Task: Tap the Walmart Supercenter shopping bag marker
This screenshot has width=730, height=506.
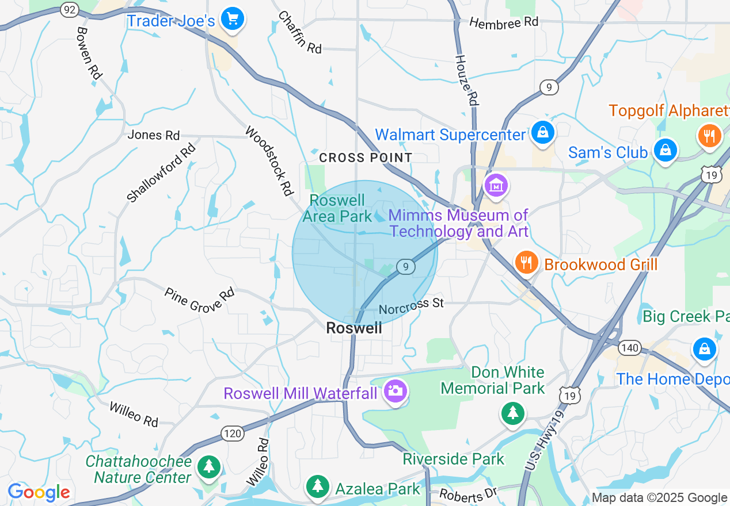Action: click(x=542, y=133)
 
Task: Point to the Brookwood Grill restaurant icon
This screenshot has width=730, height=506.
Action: click(x=526, y=263)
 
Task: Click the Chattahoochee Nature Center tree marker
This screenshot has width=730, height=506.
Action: click(x=208, y=466)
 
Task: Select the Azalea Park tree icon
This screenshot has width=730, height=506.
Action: click(x=317, y=486)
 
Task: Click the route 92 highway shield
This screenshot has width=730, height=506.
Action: click(x=69, y=9)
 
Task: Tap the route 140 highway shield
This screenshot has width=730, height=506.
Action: click(x=630, y=347)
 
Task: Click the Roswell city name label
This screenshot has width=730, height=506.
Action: click(x=353, y=328)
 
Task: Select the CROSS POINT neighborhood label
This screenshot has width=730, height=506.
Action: click(x=366, y=158)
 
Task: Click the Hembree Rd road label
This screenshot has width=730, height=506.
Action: click(x=503, y=22)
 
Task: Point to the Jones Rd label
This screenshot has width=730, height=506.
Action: click(x=154, y=135)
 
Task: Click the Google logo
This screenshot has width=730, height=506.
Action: click(x=39, y=493)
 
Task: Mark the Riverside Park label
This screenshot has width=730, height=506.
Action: click(x=454, y=459)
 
